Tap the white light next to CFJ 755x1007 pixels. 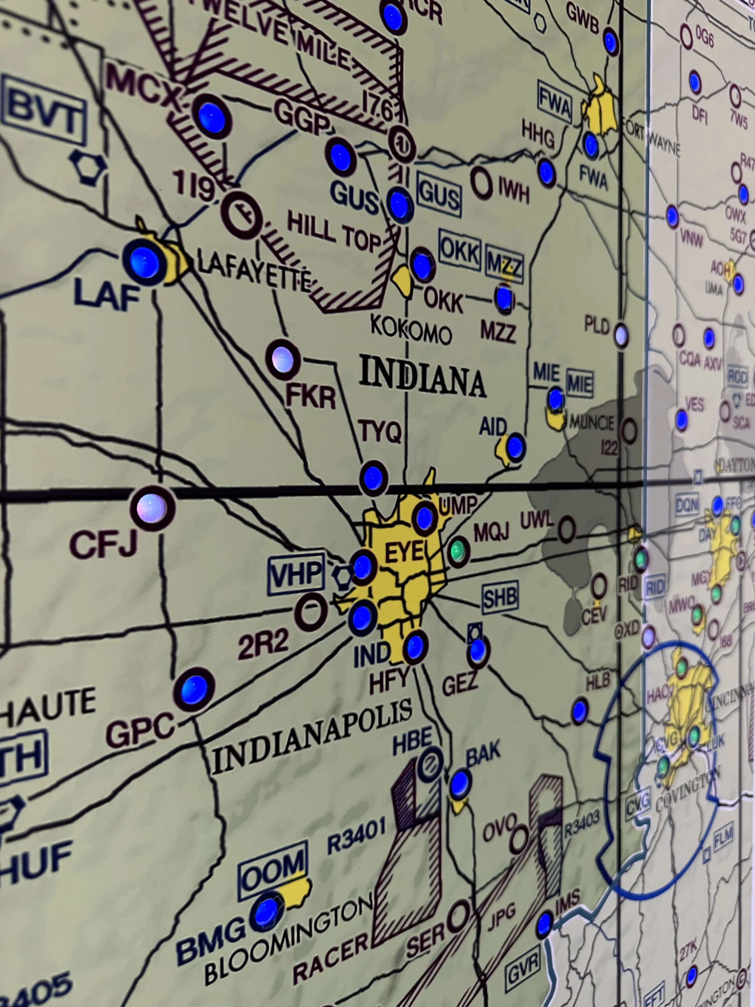click(152, 507)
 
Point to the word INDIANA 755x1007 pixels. click(422, 380)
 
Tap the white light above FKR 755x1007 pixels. click(282, 359)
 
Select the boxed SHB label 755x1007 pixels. click(500, 597)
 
